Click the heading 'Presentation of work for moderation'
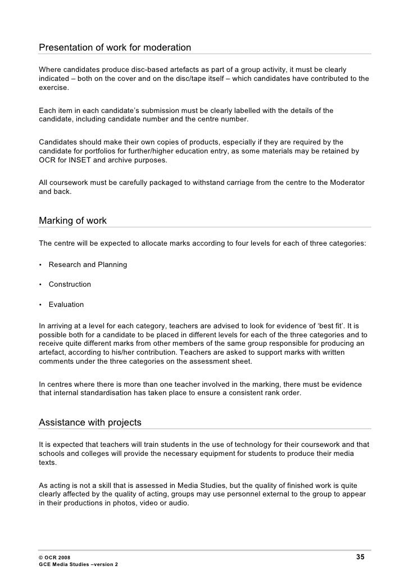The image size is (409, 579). click(x=115, y=47)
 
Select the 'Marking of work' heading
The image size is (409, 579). click(x=72, y=220)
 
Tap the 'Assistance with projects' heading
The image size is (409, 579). click(x=90, y=422)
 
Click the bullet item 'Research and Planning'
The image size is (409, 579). click(x=88, y=264)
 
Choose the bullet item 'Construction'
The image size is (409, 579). click(x=70, y=284)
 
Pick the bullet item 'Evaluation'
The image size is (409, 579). click(x=66, y=305)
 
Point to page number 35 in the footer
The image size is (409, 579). click(x=360, y=557)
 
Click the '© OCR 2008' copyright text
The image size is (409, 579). click(x=55, y=557)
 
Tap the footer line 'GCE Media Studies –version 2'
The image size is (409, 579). click(x=79, y=564)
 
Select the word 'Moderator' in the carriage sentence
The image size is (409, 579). click(x=346, y=183)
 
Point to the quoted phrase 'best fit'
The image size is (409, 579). click(x=325, y=325)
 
